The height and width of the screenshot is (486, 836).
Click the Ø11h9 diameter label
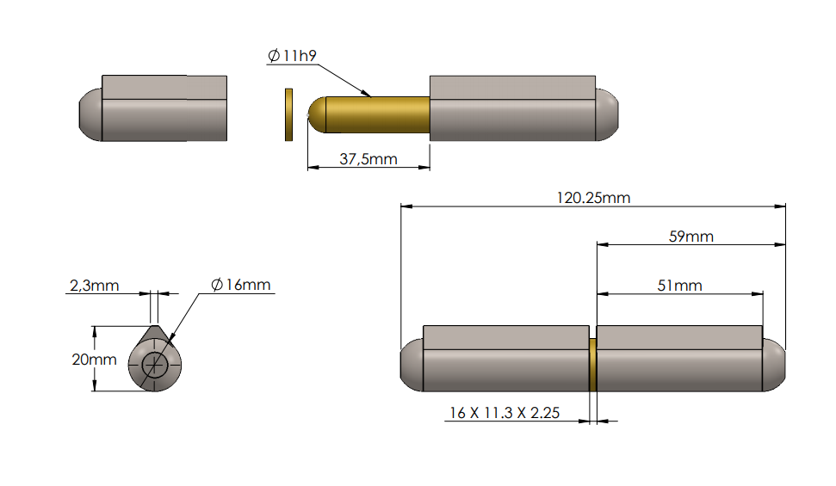coord(293,56)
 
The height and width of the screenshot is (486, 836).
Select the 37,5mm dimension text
coord(368,158)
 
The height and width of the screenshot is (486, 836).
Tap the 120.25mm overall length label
coord(593,198)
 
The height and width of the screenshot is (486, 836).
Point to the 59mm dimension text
coord(690,237)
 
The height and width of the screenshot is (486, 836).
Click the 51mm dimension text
coord(679,286)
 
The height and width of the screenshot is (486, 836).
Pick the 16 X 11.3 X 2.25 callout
coord(504,413)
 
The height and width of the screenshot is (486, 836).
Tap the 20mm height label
coord(93,360)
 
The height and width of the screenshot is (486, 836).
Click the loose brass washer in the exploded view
coord(288,114)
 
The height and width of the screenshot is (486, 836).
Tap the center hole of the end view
coord(156,365)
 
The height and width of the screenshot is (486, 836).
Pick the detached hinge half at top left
coord(155,108)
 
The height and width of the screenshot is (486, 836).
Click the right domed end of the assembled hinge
coord(775,365)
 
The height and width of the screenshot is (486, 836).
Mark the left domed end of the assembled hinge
coord(412,365)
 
